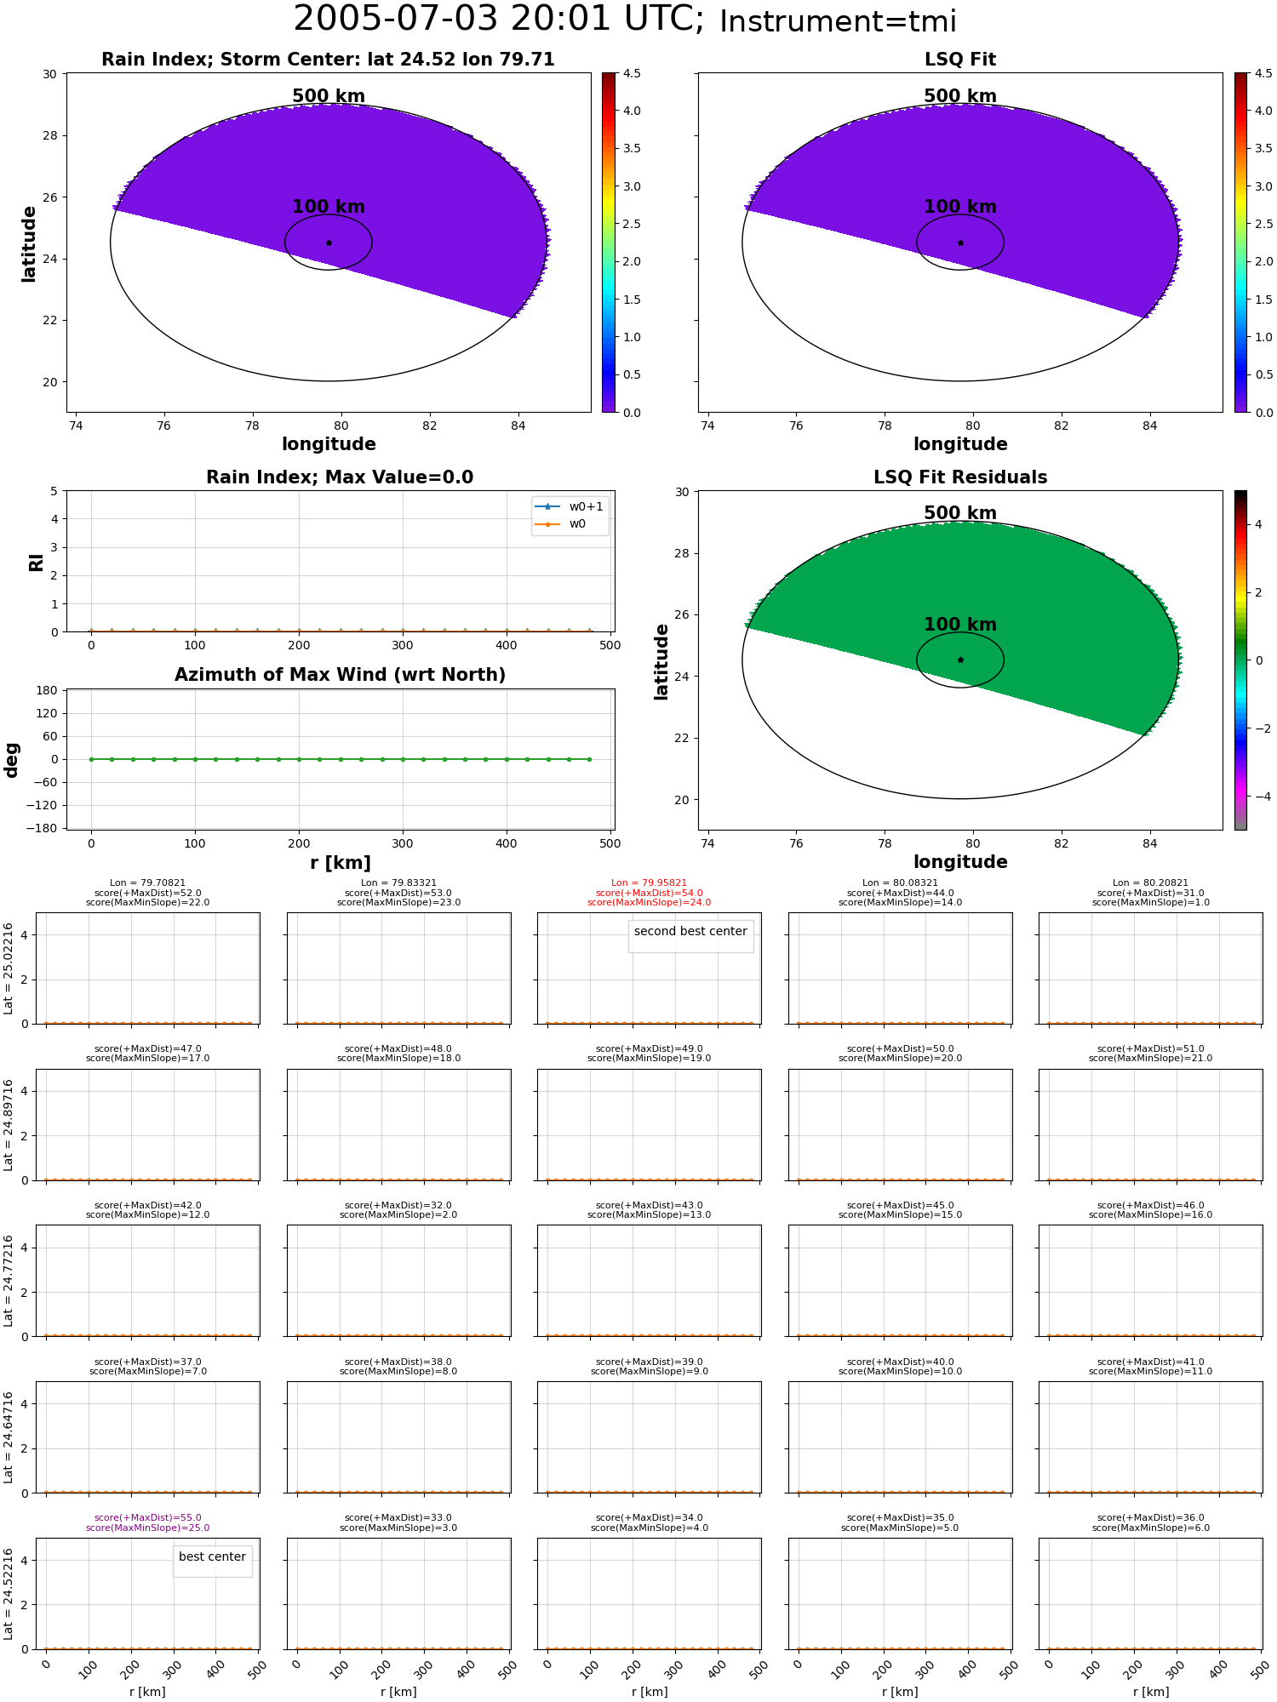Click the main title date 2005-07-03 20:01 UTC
(499, 20)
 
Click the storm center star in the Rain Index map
(329, 243)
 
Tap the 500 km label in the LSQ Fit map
(960, 96)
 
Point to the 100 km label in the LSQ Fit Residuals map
(960, 625)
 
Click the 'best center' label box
(212, 1556)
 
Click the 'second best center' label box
(690, 931)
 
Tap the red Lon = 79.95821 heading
(649, 883)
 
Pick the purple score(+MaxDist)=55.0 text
(148, 1518)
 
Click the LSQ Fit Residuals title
(960, 477)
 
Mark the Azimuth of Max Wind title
(340, 675)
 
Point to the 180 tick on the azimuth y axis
(47, 690)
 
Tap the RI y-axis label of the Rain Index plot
(36, 563)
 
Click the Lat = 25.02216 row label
(9, 968)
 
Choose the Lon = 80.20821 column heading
(1150, 883)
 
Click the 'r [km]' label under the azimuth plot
(340, 863)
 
